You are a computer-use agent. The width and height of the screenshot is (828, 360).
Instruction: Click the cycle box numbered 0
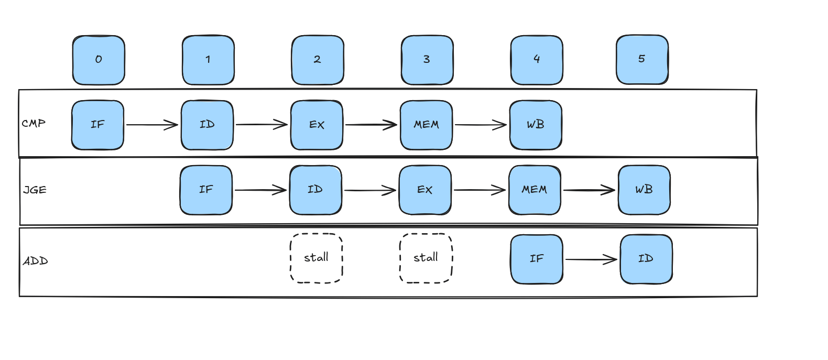click(x=99, y=60)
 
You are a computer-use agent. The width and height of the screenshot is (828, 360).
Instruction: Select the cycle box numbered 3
click(x=427, y=60)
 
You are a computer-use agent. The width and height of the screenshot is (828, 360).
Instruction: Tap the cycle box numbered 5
click(x=642, y=60)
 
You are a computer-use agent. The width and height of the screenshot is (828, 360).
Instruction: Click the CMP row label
click(x=34, y=123)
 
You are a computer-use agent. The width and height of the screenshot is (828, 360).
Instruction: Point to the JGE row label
click(x=35, y=190)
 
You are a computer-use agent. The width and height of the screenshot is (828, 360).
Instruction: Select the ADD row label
click(x=36, y=261)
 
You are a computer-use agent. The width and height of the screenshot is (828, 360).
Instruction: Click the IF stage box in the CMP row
click(x=97, y=125)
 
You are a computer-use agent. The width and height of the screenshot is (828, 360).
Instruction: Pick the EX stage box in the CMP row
click(x=317, y=125)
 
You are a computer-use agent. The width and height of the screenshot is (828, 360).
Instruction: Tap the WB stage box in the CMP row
click(x=536, y=125)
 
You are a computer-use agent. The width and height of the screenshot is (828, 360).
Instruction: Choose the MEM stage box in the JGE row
click(x=535, y=190)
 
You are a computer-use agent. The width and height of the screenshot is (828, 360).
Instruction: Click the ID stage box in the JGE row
click(x=315, y=190)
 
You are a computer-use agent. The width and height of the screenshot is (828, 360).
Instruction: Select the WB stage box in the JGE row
click(x=644, y=190)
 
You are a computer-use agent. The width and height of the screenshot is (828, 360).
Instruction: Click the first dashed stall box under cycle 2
click(x=317, y=258)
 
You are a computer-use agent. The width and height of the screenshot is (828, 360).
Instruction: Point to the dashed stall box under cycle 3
click(x=426, y=258)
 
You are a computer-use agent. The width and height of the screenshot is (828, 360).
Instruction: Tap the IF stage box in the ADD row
click(x=537, y=259)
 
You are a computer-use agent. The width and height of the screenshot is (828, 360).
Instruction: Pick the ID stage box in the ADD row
click(x=646, y=259)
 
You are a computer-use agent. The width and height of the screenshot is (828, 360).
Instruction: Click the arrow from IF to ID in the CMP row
click(x=152, y=125)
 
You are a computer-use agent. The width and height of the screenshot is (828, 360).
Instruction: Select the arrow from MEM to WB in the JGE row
click(x=589, y=190)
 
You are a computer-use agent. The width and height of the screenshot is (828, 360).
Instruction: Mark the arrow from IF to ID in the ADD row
click(x=592, y=259)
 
